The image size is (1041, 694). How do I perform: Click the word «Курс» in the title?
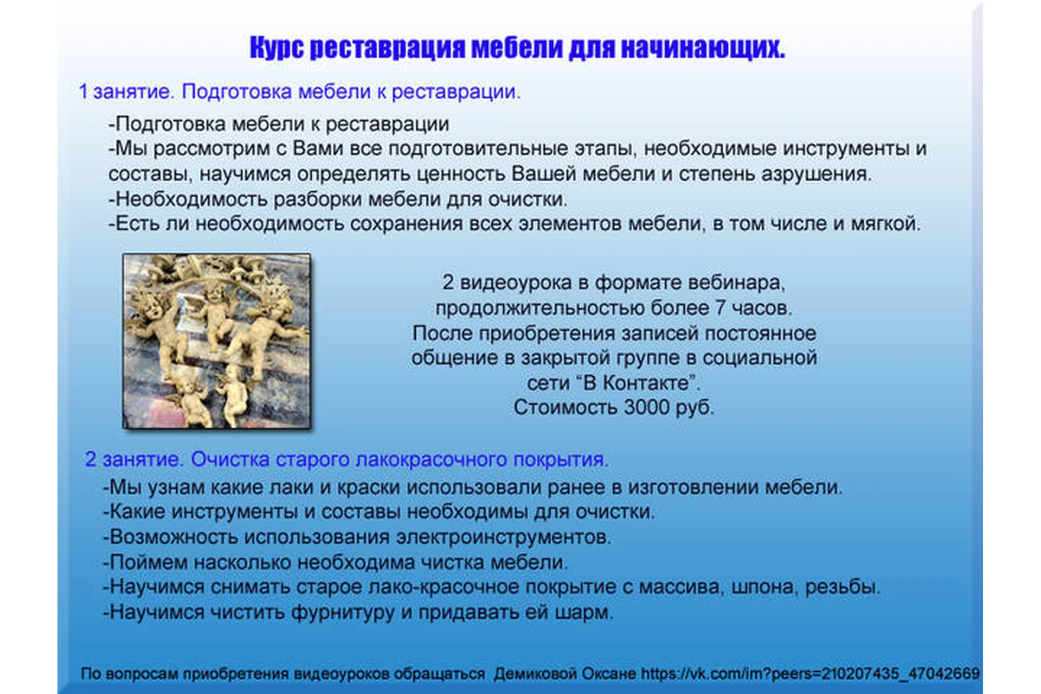click(277, 48)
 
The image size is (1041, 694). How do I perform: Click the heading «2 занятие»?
click(133, 459)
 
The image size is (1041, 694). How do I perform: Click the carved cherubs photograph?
click(217, 341)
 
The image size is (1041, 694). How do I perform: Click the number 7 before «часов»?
click(719, 308)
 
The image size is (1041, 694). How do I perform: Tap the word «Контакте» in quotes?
click(645, 383)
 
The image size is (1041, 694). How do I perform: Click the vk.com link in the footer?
click(810, 673)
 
